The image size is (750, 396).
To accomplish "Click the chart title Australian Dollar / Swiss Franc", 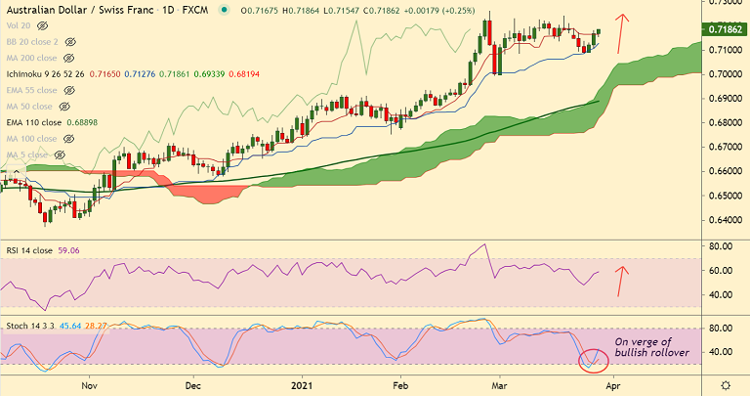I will pos(76,9).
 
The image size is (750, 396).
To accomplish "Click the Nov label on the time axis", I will pos(89,386).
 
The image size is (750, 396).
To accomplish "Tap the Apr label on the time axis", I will pos(612,386).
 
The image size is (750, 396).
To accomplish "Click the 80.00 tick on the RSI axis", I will pos(722,246).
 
